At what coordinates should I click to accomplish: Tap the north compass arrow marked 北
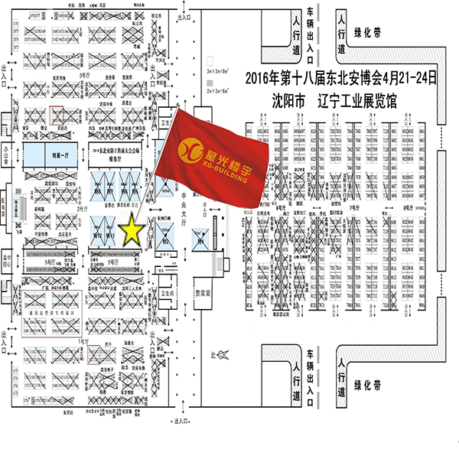[x=220, y=354]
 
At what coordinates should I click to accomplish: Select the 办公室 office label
[x=10, y=150]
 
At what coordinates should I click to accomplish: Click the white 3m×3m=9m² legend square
[x=209, y=57]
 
